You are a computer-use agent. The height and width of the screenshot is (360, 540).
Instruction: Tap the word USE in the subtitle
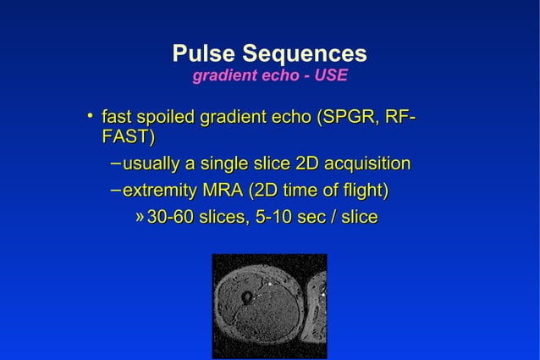point(331,77)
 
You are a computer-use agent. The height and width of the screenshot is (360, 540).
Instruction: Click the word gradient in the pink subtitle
point(219,77)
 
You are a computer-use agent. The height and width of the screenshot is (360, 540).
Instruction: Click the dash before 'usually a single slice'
point(115,163)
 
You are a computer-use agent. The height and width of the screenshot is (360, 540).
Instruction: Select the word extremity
point(161,191)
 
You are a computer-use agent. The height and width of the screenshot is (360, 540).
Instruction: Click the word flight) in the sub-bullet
point(364,191)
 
